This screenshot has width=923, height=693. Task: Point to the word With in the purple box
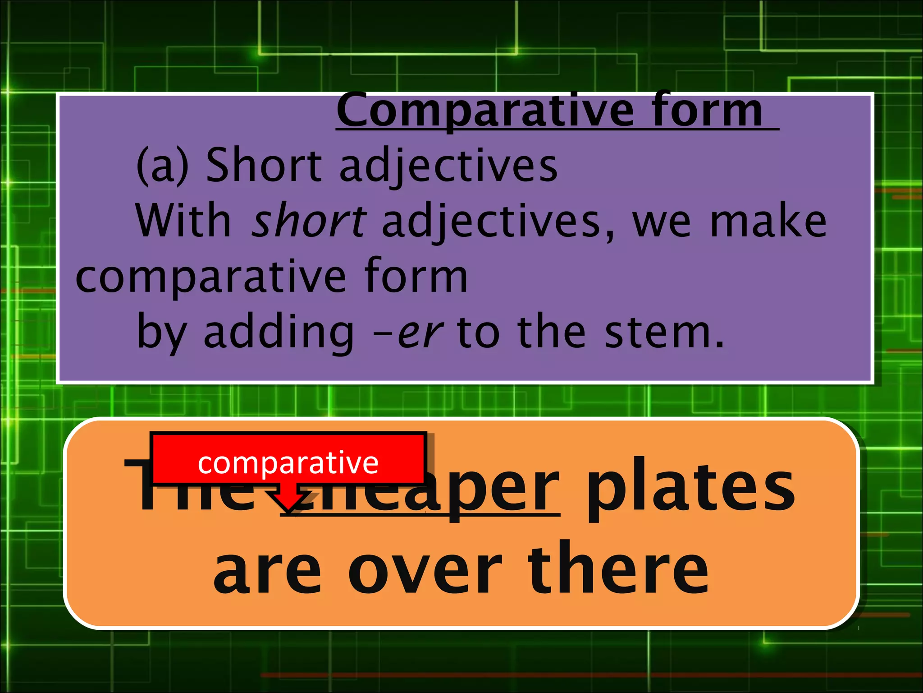183,221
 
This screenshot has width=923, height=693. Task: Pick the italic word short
309,221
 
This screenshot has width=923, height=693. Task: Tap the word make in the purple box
768,221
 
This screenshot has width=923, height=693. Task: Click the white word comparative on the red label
288,463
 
